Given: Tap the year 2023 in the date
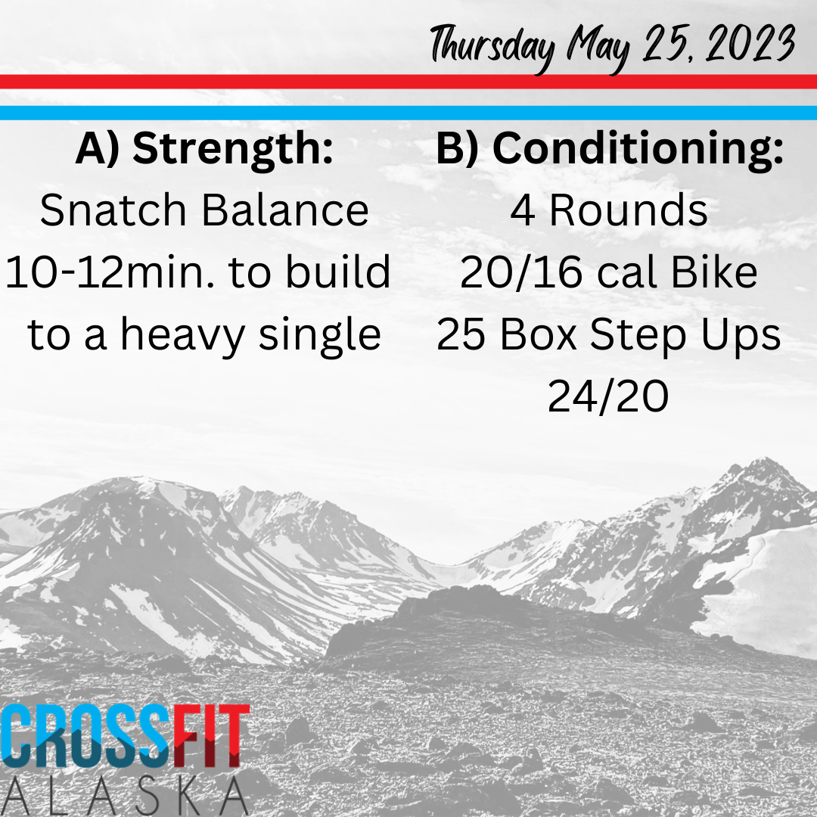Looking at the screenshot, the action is [x=750, y=44].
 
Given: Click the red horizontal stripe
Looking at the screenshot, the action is [x=408, y=82].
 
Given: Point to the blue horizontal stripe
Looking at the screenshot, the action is [x=408, y=113].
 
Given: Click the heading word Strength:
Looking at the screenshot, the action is [x=233, y=150].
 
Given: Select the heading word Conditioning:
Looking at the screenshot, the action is [x=638, y=150].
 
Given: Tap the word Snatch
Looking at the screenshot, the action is [x=113, y=210].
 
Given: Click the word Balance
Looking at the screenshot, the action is [x=285, y=210].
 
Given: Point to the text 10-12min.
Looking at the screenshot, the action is [x=110, y=272].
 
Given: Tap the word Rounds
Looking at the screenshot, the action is [x=629, y=210].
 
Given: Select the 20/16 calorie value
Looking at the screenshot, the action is [x=520, y=272].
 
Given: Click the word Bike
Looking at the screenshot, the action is [x=714, y=272].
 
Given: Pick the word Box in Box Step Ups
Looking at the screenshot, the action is [x=539, y=334].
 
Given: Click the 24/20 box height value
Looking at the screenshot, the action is [x=608, y=396].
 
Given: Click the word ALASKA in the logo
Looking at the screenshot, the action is [x=124, y=796].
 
